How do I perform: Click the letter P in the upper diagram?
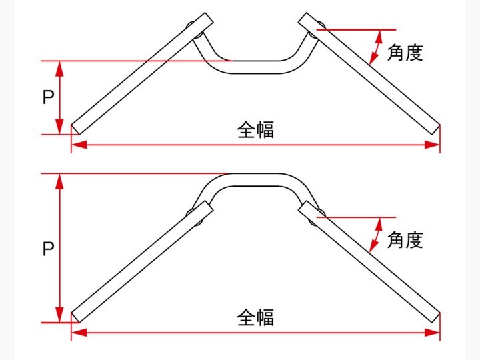tap(48, 97)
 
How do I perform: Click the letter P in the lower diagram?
tap(48, 249)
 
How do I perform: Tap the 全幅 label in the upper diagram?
tap(255, 130)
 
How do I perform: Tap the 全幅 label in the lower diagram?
tap(255, 317)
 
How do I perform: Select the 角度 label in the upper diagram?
tap(405, 53)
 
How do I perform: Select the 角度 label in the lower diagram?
tap(405, 240)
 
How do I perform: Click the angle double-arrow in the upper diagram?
tap(375, 47)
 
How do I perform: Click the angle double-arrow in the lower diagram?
tap(375, 235)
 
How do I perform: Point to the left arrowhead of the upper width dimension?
tap(79, 145)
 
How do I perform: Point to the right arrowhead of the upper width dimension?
tap(432, 145)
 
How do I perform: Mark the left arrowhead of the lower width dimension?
tap(79, 333)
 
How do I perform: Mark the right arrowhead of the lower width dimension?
tap(432, 333)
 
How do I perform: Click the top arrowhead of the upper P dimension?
tap(60, 69)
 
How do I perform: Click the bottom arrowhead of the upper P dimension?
tap(60, 127)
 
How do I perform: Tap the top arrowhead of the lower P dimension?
tap(60, 181)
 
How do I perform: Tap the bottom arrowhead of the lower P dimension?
tap(60, 315)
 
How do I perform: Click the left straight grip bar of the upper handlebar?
tap(142, 73)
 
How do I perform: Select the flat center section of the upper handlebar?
tap(255, 67)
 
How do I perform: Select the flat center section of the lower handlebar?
tap(255, 180)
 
